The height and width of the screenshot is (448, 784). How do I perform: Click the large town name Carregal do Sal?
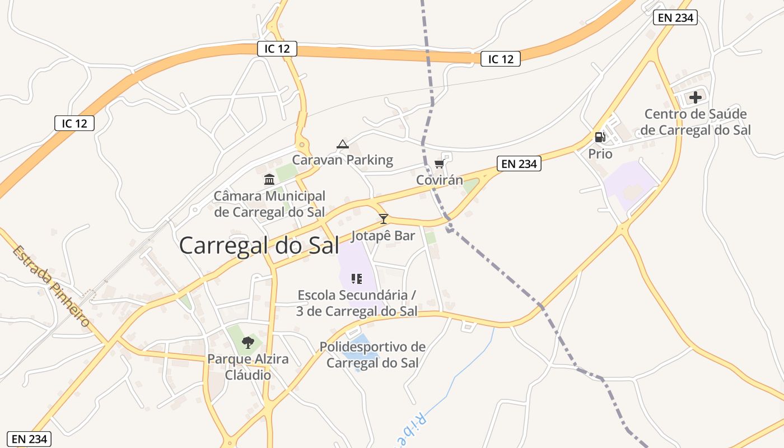point(259,245)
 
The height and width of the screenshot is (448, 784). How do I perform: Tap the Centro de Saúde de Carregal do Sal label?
point(695,123)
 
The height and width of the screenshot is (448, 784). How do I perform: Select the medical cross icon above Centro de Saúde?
point(696,97)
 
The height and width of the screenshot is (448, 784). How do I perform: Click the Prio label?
point(600,154)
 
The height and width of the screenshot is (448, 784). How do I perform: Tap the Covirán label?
point(440,180)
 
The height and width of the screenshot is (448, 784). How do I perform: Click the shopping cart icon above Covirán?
point(439,164)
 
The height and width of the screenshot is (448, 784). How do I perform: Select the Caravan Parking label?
point(343,160)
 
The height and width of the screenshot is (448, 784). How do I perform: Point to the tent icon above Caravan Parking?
point(343,144)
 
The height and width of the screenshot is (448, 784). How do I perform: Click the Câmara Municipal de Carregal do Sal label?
point(269,204)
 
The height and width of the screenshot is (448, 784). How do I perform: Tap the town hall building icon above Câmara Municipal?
point(269,180)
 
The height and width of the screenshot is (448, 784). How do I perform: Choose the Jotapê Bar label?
point(383,236)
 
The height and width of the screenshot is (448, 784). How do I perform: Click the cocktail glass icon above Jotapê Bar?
point(384,218)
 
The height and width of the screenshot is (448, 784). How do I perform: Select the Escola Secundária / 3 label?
point(357,303)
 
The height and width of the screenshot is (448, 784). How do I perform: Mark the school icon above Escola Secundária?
point(357,278)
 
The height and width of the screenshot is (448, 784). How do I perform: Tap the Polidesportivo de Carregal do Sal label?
point(372,354)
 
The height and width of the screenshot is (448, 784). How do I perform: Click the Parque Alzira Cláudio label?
point(248,367)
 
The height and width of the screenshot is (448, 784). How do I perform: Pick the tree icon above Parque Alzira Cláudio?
point(248,342)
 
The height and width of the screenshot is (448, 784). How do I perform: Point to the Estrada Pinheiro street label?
point(52,287)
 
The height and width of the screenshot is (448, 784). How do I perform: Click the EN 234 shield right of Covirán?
point(519,164)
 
